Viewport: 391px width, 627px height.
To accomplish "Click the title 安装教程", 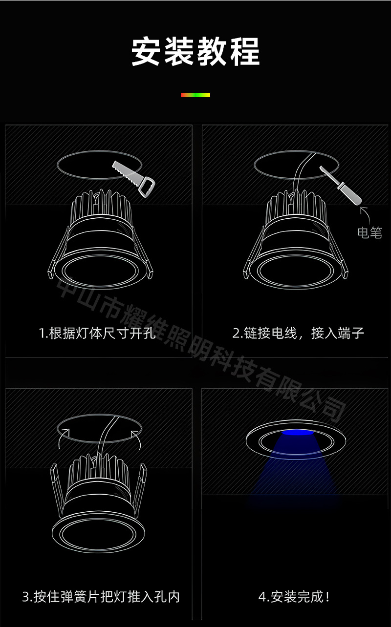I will (195, 51).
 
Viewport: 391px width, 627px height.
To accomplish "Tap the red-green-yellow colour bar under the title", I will (195, 95).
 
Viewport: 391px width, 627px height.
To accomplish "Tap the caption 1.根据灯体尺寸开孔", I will (97, 334).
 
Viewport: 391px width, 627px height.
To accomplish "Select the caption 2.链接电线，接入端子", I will (298, 334).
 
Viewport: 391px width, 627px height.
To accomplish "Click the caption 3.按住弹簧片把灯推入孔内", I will (101, 596).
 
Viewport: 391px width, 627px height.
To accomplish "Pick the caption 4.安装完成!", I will (294, 596).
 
